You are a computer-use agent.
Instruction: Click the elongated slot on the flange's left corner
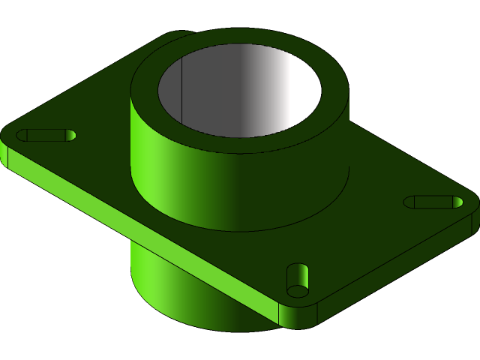coord(46,135)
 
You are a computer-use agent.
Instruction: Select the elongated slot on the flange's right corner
coord(433,202)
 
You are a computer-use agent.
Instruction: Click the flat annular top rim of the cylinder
coord(240,142)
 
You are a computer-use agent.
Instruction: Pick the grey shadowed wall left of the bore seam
coord(171,90)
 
